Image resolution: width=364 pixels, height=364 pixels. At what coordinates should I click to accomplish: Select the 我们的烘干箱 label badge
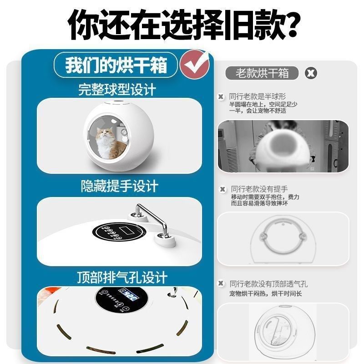tap(116, 65)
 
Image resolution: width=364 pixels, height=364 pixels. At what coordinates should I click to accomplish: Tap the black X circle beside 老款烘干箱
tap(311, 73)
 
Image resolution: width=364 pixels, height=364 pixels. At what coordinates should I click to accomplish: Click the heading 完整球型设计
tap(117, 89)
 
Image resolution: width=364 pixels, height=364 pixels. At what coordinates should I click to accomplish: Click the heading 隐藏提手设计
tap(120, 186)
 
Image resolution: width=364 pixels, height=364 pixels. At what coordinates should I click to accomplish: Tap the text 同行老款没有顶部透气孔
tap(268, 283)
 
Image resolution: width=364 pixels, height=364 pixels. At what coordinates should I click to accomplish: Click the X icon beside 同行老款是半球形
tap(221, 97)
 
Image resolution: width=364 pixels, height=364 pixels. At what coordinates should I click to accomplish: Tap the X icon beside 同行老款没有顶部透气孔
tap(221, 283)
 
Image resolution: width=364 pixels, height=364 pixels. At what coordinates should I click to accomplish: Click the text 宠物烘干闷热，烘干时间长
tap(265, 293)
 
